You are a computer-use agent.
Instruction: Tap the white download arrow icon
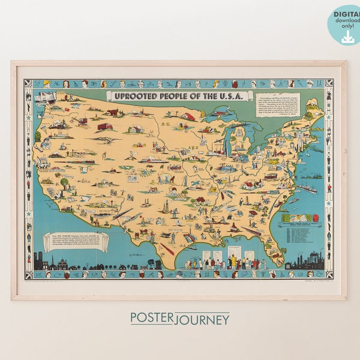point(347,37)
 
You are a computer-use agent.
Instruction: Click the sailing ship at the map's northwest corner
point(44,97)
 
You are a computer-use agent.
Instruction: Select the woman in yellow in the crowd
point(232,262)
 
